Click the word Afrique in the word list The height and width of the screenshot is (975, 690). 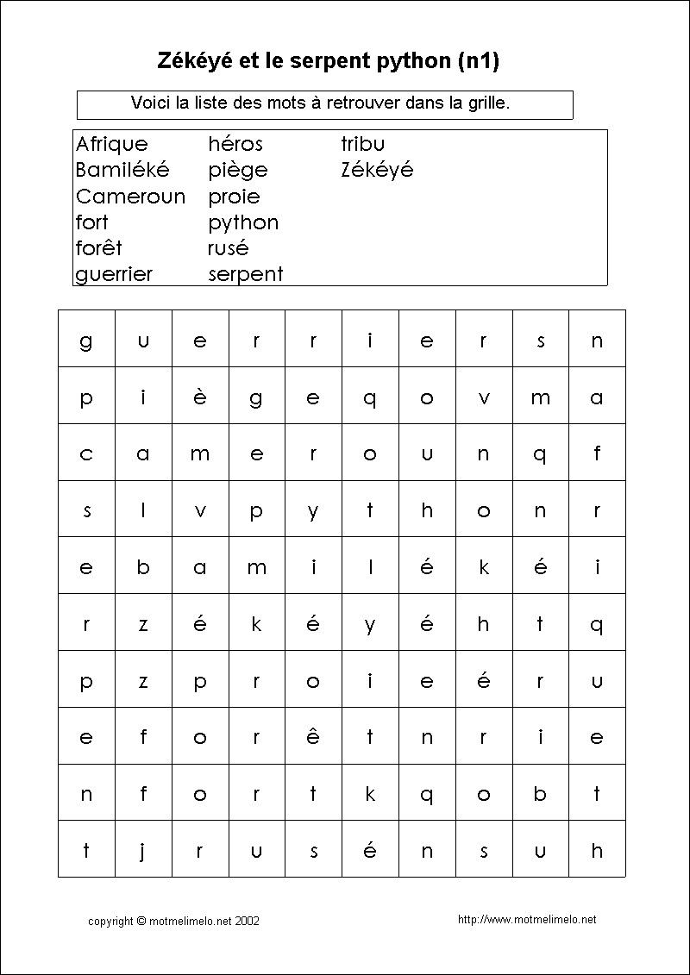pyautogui.click(x=111, y=144)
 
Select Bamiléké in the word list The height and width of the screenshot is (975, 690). pyautogui.click(x=122, y=170)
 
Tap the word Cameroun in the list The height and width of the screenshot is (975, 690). pyautogui.click(x=130, y=197)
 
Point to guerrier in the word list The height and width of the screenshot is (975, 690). pyautogui.click(x=114, y=275)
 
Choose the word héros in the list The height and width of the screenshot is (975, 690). pyautogui.click(x=235, y=144)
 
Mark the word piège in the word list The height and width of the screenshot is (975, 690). pyautogui.click(x=237, y=171)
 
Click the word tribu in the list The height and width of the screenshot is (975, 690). pyautogui.click(x=362, y=144)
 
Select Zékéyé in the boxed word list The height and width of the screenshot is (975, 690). pyautogui.click(x=377, y=170)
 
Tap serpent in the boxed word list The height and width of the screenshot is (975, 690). pyautogui.click(x=245, y=275)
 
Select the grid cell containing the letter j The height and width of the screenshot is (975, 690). pyautogui.click(x=143, y=851)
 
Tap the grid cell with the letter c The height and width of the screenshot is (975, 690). pyautogui.click(x=86, y=453)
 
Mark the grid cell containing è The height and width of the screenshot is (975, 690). pyautogui.click(x=200, y=397)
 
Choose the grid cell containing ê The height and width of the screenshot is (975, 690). pyautogui.click(x=313, y=737)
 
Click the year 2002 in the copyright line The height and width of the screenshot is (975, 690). pyautogui.click(x=247, y=921)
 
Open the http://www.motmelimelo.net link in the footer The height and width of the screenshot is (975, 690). pyautogui.click(x=527, y=920)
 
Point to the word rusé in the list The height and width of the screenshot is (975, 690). pyautogui.click(x=228, y=248)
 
